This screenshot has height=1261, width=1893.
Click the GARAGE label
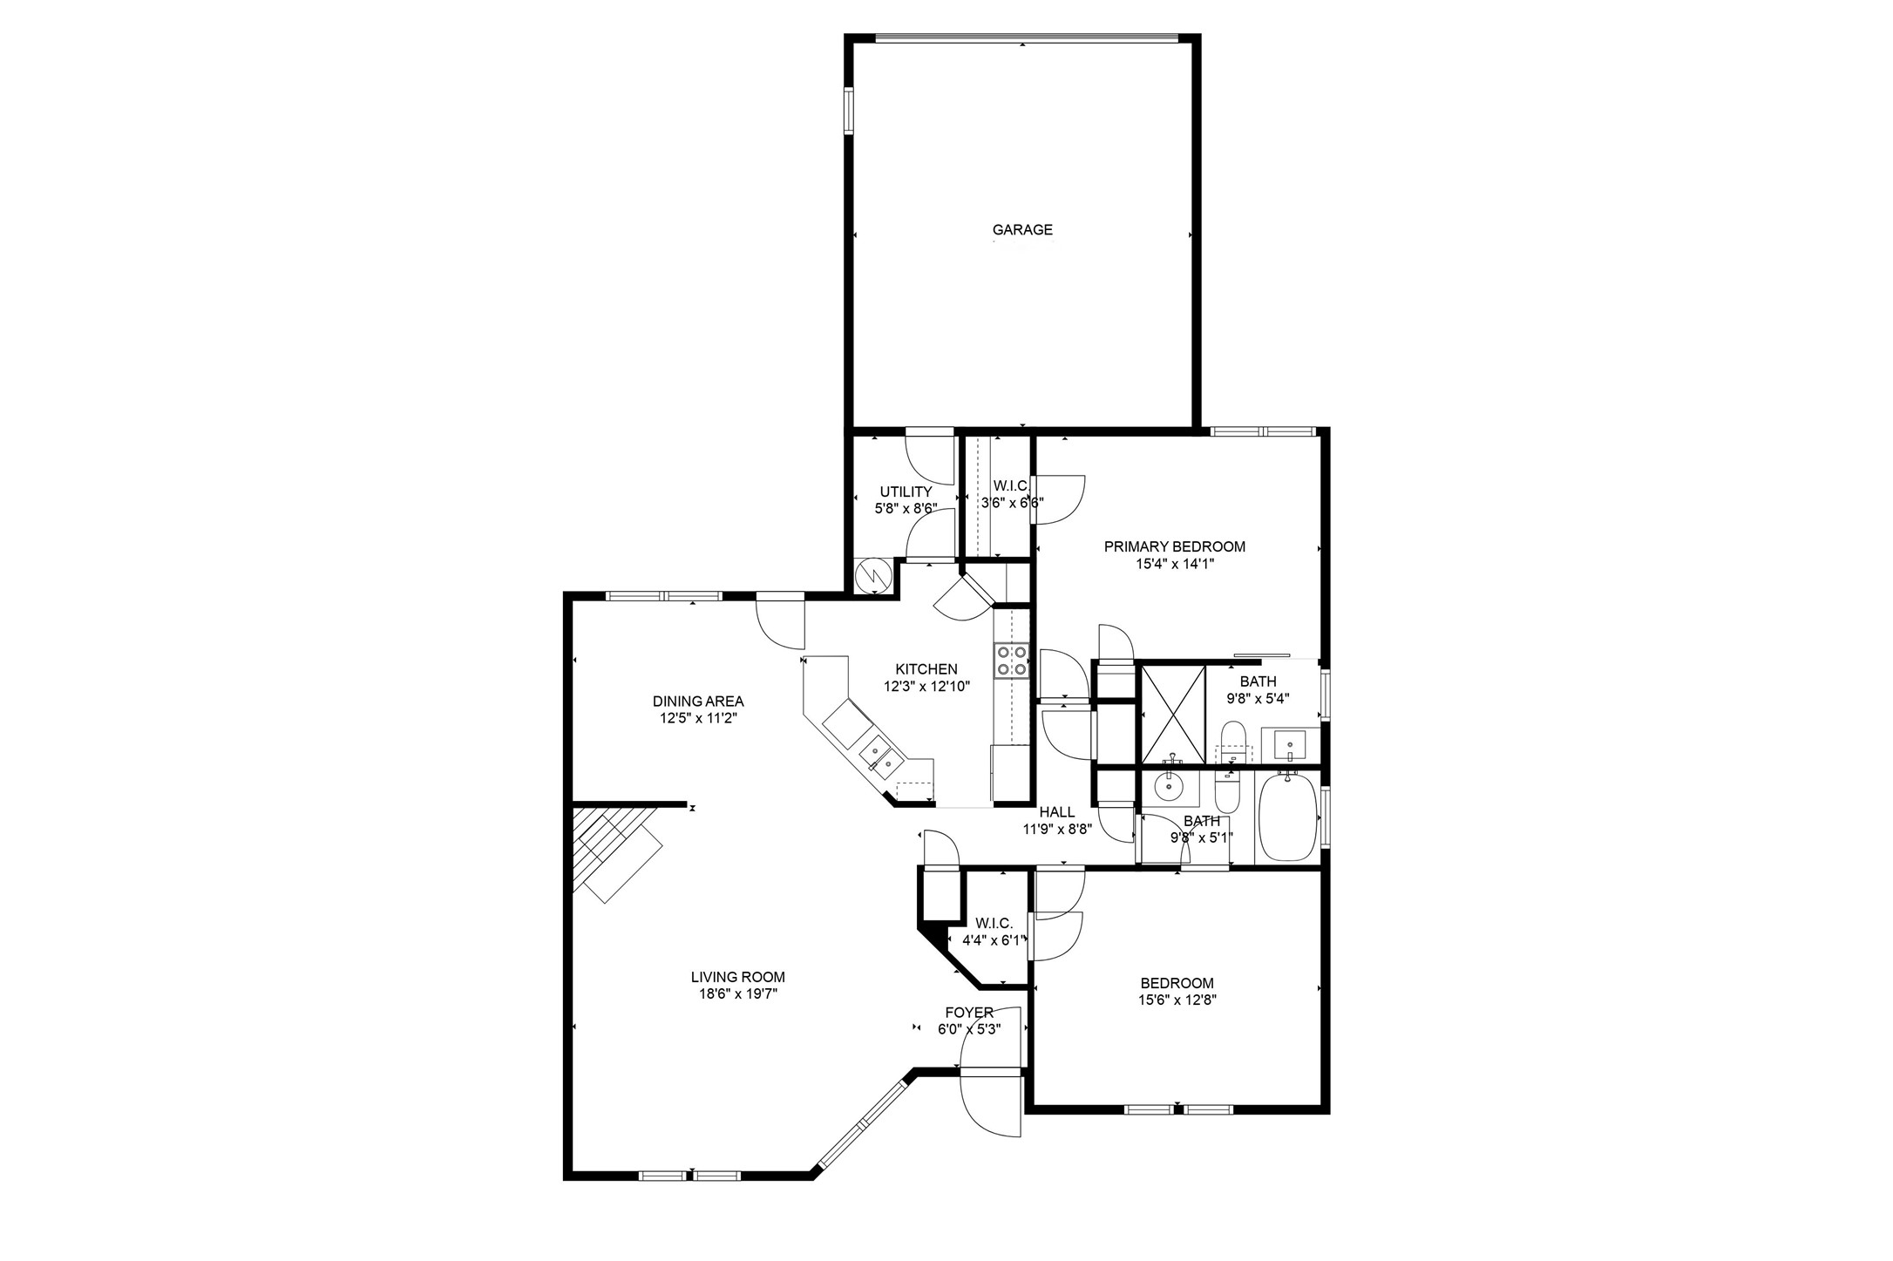tap(1022, 230)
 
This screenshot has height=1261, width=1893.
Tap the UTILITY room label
tap(906, 492)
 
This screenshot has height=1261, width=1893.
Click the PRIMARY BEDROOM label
tap(1174, 547)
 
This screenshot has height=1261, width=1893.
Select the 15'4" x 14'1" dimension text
tap(1174, 564)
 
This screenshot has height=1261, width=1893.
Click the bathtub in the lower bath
tap(1286, 818)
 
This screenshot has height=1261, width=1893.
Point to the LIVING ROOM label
tap(737, 977)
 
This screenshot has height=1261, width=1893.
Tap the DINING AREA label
tap(698, 702)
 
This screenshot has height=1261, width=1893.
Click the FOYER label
tap(969, 1013)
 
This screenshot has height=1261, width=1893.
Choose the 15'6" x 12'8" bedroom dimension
tap(1177, 1000)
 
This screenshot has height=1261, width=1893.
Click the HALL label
tap(1056, 812)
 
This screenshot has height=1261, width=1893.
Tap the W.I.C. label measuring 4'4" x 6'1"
tap(994, 924)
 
